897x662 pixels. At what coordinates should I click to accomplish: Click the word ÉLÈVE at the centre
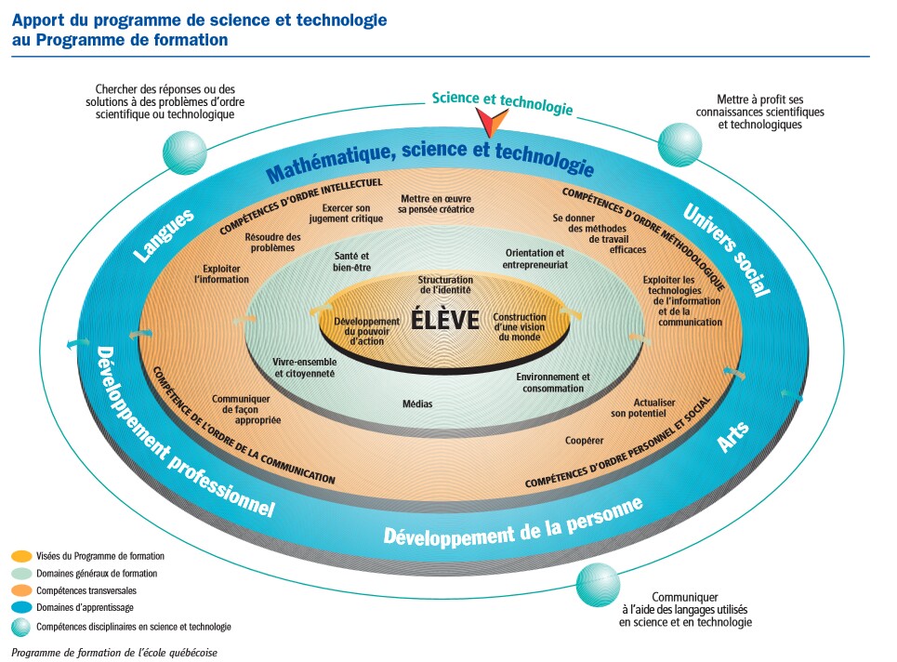pyautogui.click(x=445, y=321)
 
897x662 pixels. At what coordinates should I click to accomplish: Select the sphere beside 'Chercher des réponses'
pyautogui.click(x=184, y=152)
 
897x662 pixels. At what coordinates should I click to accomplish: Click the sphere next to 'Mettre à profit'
pyautogui.click(x=679, y=144)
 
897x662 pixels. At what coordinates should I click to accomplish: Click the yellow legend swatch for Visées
pyautogui.click(x=22, y=556)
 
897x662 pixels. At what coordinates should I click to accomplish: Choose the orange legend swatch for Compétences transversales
pyautogui.click(x=22, y=591)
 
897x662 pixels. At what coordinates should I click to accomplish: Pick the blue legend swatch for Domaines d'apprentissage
pyautogui.click(x=22, y=608)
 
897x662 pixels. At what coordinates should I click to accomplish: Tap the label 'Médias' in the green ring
pyautogui.click(x=417, y=404)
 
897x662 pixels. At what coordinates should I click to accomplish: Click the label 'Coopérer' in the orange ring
pyautogui.click(x=585, y=440)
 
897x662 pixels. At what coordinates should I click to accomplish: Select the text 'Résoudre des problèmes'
pyautogui.click(x=272, y=243)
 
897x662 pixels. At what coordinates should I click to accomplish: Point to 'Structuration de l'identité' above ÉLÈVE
pyautogui.click(x=445, y=285)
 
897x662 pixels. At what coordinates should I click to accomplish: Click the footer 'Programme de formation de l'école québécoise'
pyautogui.click(x=115, y=652)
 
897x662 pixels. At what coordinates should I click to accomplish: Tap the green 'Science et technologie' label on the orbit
pyautogui.click(x=502, y=103)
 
